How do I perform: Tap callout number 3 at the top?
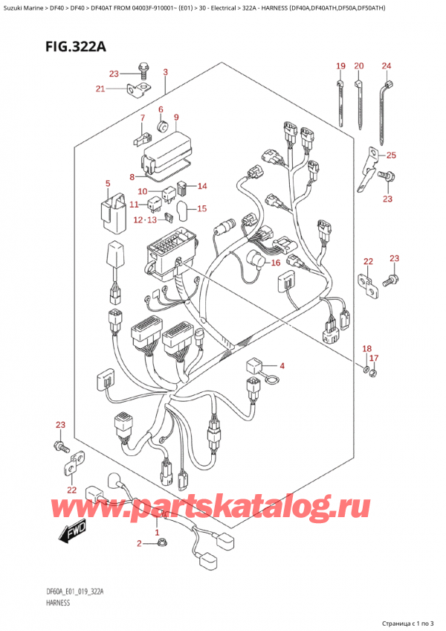[x=165, y=72]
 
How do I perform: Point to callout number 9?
[x=176, y=117]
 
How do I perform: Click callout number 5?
[x=107, y=183]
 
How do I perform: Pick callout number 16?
[x=275, y=263]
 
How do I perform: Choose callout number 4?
[x=282, y=365]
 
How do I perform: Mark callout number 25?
[x=392, y=155]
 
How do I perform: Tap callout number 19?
[x=340, y=66]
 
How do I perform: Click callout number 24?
[x=387, y=66]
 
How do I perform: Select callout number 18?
[x=366, y=348]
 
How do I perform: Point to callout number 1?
[x=157, y=533]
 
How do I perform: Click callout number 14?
[x=202, y=186]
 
